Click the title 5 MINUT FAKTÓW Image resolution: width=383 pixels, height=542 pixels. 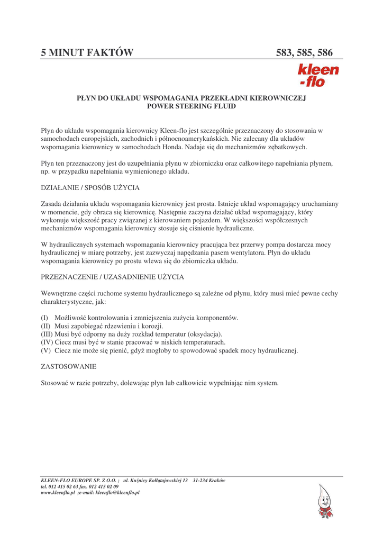click(x=87, y=52)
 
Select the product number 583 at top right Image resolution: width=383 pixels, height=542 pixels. click(x=285, y=52)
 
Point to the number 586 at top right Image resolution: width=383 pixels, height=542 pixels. click(x=324, y=52)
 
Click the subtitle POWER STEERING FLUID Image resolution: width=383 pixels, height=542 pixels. click(x=191, y=106)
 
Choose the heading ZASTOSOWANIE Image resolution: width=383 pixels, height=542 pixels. click(x=69, y=366)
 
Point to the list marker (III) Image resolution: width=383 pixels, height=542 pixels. click(x=47, y=334)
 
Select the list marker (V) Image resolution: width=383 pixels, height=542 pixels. click(x=46, y=350)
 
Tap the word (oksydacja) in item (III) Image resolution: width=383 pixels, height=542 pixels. click(x=204, y=334)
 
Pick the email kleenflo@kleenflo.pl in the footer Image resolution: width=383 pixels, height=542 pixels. click(x=117, y=492)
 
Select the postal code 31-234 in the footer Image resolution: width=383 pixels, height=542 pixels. click(x=202, y=481)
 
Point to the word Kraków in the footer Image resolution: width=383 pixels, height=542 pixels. click(x=218, y=481)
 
